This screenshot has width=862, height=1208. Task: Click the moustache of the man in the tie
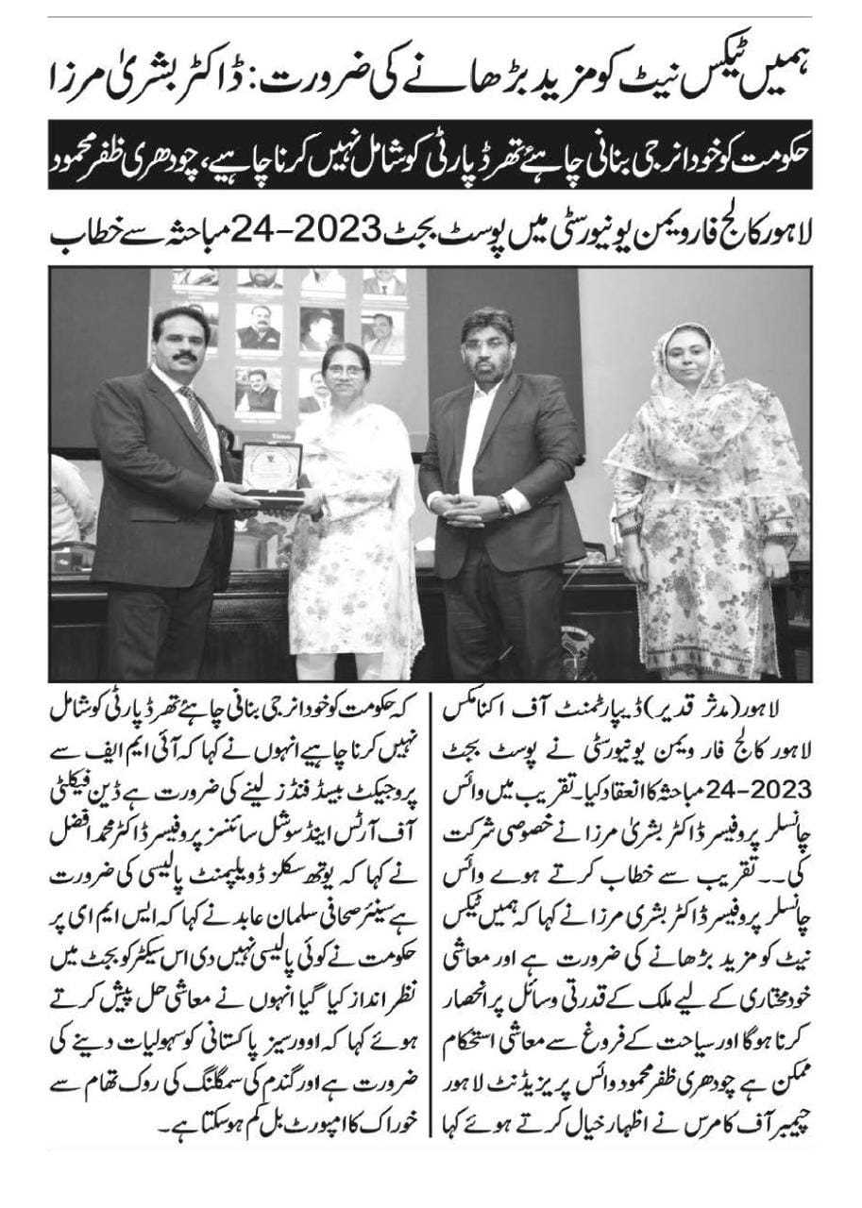point(185,356)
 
